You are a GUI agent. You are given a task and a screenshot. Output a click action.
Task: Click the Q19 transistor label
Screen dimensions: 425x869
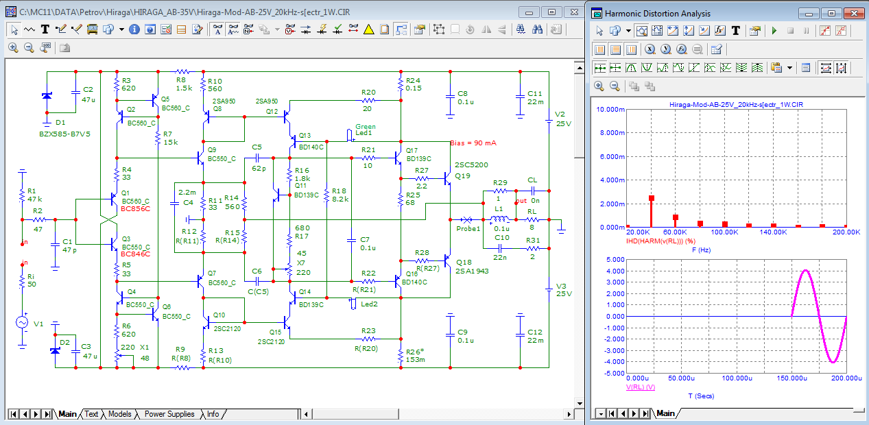(462, 175)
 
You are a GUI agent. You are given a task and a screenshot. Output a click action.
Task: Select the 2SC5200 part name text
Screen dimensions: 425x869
(472, 165)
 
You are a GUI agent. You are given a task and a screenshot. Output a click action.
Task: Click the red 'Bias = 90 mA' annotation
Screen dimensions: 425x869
(473, 143)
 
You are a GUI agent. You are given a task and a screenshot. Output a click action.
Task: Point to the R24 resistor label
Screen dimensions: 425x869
(413, 80)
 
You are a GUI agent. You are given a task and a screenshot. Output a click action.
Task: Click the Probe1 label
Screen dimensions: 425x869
(468, 228)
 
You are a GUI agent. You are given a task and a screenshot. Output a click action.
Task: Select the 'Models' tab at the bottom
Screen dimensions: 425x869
(119, 414)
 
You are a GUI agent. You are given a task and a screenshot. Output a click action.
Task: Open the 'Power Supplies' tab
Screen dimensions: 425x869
(169, 414)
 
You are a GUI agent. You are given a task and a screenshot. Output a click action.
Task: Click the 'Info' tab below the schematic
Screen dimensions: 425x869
(213, 414)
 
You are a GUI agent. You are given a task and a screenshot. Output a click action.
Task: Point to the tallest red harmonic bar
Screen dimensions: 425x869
(652, 212)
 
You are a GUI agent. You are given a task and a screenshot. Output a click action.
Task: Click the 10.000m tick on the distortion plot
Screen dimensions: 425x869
(610, 110)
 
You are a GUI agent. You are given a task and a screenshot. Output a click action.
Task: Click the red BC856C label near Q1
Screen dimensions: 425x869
(135, 208)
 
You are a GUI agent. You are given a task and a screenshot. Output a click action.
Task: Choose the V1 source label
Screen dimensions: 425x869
(38, 324)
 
